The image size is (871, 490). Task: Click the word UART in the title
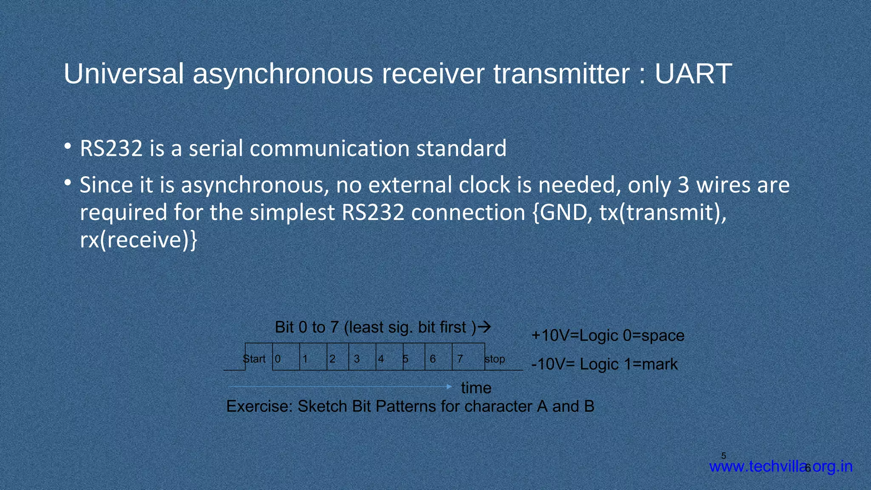pyautogui.click(x=693, y=74)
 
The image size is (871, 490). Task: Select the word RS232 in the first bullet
pyautogui.click(x=111, y=148)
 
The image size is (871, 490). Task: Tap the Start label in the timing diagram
pyautogui.click(x=254, y=359)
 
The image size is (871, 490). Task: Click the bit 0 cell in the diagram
pyautogui.click(x=286, y=357)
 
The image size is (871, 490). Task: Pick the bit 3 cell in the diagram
pyautogui.click(x=362, y=357)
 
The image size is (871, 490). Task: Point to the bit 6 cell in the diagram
pyautogui.click(x=438, y=357)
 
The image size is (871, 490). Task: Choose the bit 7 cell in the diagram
pyautogui.click(x=468, y=357)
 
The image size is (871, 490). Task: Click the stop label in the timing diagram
pyautogui.click(x=495, y=359)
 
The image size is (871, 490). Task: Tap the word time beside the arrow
pyautogui.click(x=476, y=388)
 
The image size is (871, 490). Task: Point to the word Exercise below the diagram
pyautogui.click(x=259, y=406)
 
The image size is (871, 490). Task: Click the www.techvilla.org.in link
pyautogui.click(x=781, y=467)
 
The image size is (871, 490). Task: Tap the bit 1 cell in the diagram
pyautogui.click(x=313, y=357)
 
